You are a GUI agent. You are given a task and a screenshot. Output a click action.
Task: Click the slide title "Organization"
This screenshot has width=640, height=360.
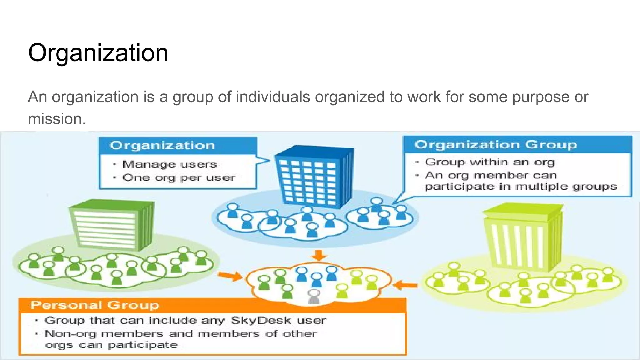(98, 52)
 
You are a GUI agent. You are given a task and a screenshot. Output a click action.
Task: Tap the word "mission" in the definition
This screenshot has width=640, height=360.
(55, 119)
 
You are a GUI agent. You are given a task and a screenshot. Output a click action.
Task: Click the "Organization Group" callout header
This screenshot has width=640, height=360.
(496, 145)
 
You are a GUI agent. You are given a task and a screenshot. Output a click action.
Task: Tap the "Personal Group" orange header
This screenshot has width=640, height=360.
(95, 305)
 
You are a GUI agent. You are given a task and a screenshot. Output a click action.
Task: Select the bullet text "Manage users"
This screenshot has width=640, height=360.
(169, 164)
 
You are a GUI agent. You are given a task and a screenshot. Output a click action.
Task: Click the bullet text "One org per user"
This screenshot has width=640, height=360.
(178, 178)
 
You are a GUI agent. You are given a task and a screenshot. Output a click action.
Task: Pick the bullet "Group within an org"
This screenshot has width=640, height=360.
(489, 162)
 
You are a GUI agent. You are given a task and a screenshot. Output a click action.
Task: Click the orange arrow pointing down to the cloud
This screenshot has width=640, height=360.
(319, 255)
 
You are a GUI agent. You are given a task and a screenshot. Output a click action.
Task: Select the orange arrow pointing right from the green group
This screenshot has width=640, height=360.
(230, 276)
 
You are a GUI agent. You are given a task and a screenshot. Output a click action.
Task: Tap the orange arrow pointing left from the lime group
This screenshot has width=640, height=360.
(405, 285)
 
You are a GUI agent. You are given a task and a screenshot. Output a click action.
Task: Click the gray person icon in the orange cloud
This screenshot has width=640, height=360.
(314, 296)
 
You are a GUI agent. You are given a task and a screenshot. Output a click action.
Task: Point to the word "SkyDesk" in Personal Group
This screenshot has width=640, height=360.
(261, 321)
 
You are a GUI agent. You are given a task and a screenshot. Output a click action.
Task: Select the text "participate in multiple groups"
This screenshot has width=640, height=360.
(521, 187)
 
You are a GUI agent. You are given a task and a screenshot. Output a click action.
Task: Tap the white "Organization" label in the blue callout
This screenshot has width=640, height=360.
(162, 146)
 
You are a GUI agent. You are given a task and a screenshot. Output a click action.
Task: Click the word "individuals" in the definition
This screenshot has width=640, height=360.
(273, 97)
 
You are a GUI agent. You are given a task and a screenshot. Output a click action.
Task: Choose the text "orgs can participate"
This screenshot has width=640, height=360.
(111, 345)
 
